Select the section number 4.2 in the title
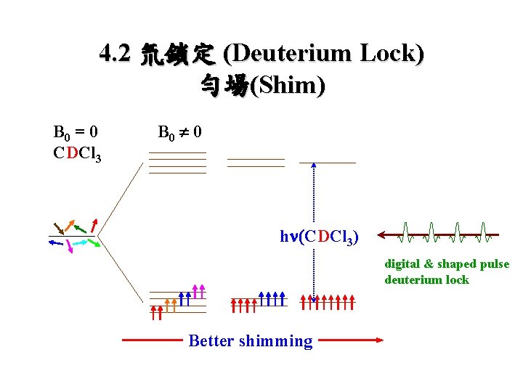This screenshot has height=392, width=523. [115, 55]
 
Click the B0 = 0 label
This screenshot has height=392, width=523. [76, 132]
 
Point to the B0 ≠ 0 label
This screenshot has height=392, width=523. [179, 132]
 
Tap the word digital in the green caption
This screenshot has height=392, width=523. [402, 264]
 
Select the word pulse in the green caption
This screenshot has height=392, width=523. [494, 264]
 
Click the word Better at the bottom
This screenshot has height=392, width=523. [211, 340]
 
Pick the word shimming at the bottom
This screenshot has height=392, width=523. [279, 340]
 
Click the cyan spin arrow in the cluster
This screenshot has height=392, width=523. [81, 243]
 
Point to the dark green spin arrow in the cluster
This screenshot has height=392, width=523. [80, 228]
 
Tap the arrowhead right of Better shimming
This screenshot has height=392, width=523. [379, 339]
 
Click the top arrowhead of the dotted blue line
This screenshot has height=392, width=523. [314, 166]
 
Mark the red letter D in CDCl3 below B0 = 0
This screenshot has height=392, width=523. [71, 154]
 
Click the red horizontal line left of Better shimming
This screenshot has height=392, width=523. [151, 339]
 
